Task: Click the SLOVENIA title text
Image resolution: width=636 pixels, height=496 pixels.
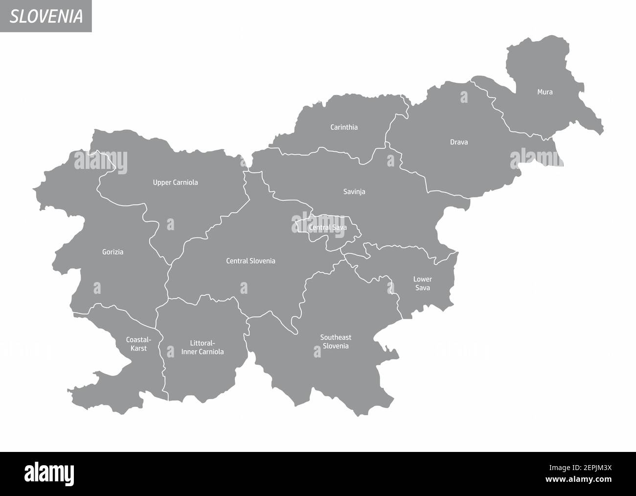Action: (46, 16)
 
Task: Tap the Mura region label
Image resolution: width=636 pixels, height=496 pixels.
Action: (545, 92)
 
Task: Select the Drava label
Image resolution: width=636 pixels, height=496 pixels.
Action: (459, 142)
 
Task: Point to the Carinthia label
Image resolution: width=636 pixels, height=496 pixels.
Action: (344, 127)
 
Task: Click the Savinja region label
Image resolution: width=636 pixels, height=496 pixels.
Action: (354, 191)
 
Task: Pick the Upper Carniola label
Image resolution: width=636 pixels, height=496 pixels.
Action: (175, 183)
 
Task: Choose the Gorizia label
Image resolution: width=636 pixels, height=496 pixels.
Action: (113, 252)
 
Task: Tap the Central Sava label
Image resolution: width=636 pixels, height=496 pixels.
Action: (327, 228)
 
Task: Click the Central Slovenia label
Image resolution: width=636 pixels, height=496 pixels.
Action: (250, 261)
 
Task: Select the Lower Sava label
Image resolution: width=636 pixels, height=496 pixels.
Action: (422, 283)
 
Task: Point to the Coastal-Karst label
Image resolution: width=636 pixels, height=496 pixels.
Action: (138, 344)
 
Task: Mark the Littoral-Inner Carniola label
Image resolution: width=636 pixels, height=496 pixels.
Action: (202, 348)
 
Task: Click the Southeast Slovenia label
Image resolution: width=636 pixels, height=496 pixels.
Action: (336, 342)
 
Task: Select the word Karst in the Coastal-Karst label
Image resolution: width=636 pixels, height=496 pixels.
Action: (138, 349)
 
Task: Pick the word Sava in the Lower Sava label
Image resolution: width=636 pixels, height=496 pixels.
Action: (422, 288)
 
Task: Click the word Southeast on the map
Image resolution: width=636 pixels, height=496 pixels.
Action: (336, 337)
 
